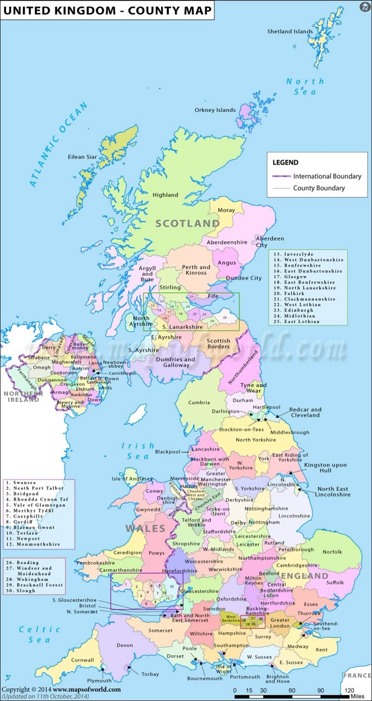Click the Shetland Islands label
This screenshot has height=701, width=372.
(x=290, y=31)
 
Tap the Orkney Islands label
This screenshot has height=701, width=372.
(x=215, y=110)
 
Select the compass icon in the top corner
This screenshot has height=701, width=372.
(x=364, y=7)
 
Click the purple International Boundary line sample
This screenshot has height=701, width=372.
(x=281, y=176)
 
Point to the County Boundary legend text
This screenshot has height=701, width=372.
(x=319, y=188)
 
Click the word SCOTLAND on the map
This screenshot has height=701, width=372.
(x=187, y=223)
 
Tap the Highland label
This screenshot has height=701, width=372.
(x=165, y=195)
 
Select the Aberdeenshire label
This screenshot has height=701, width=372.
(x=227, y=242)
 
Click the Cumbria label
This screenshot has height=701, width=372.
(x=199, y=402)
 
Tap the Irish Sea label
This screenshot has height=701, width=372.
(x=138, y=451)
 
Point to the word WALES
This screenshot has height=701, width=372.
(x=146, y=528)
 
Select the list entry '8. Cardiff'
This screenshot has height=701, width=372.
(x=22, y=522)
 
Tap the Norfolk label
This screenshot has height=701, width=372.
(x=332, y=552)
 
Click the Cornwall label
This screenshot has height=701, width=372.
(x=82, y=660)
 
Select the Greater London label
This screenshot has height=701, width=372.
(x=280, y=623)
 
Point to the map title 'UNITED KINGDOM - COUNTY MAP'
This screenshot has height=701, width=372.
(x=107, y=10)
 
